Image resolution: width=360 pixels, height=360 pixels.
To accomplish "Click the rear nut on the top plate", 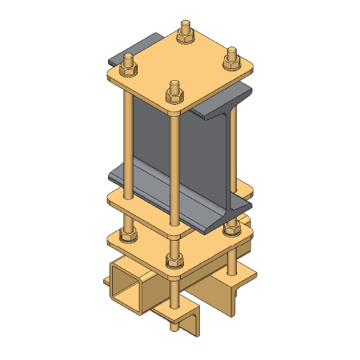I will [183, 33].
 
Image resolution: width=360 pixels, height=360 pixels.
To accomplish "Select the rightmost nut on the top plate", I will [232, 56].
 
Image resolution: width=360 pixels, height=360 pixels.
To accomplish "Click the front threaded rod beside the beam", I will [174, 160].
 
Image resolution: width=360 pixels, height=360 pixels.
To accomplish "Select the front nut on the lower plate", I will [172, 259].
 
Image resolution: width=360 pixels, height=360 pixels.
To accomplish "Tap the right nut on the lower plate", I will [232, 229].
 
